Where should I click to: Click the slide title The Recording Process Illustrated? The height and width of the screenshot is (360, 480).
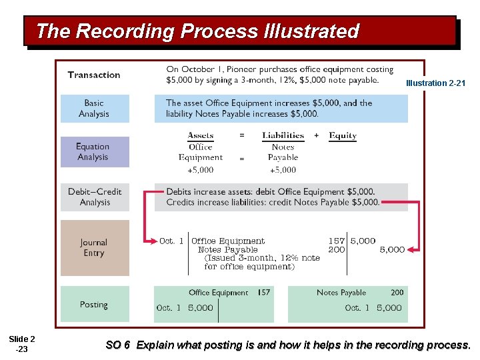click(x=197, y=31)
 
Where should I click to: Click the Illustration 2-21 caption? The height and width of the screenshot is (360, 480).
click(x=435, y=83)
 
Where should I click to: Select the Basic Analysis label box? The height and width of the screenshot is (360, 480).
click(x=94, y=109)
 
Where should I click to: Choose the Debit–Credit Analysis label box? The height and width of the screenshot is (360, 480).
click(x=95, y=197)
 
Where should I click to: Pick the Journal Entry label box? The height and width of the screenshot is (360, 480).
click(x=94, y=248)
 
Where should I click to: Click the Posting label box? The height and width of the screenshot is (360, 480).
click(x=93, y=305)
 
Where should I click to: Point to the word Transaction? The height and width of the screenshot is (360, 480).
click(x=94, y=75)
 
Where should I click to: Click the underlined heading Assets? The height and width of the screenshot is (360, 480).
click(x=201, y=135)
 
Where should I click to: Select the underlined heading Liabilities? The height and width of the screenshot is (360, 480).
click(x=283, y=135)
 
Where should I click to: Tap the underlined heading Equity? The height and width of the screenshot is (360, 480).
click(x=343, y=135)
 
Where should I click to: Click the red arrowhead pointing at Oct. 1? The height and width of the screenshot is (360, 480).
click(x=149, y=241)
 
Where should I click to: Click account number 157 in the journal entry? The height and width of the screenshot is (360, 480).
click(x=336, y=241)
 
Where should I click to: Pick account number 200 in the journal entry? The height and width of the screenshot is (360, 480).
click(x=337, y=250)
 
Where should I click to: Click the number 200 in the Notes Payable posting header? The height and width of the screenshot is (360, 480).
click(x=397, y=293)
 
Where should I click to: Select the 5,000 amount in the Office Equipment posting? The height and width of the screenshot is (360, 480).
click(x=201, y=308)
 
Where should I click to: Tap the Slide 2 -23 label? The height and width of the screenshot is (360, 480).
click(x=23, y=344)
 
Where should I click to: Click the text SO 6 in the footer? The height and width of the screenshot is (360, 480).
click(x=117, y=345)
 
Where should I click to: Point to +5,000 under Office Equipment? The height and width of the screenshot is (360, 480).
click(x=200, y=170)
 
